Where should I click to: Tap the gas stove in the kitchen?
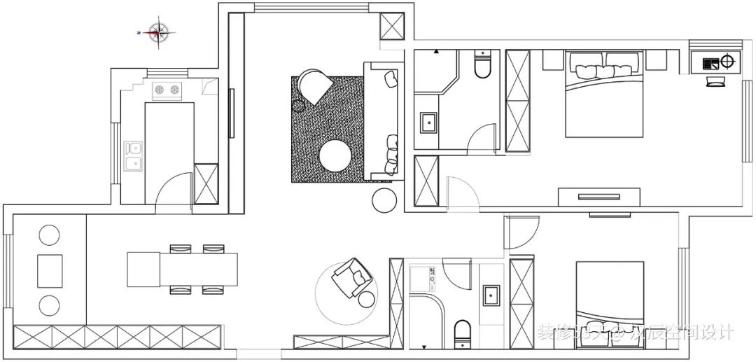click(167, 90)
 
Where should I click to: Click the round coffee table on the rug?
click(335, 155)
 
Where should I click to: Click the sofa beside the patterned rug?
click(381, 119)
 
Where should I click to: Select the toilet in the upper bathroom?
click(482, 64)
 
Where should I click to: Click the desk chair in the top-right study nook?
click(715, 82)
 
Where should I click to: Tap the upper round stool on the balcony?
click(49, 235)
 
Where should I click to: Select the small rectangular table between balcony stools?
click(50, 270)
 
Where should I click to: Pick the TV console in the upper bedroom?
click(598, 197)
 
